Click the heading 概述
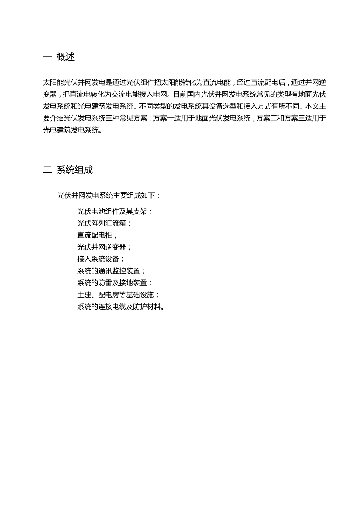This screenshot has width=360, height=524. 66,57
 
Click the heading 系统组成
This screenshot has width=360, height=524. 75,170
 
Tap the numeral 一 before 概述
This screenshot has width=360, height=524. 47,57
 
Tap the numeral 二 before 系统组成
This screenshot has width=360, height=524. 47,170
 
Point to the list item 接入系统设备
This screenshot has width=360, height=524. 98,259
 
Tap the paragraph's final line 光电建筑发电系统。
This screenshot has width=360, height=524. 72,130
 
